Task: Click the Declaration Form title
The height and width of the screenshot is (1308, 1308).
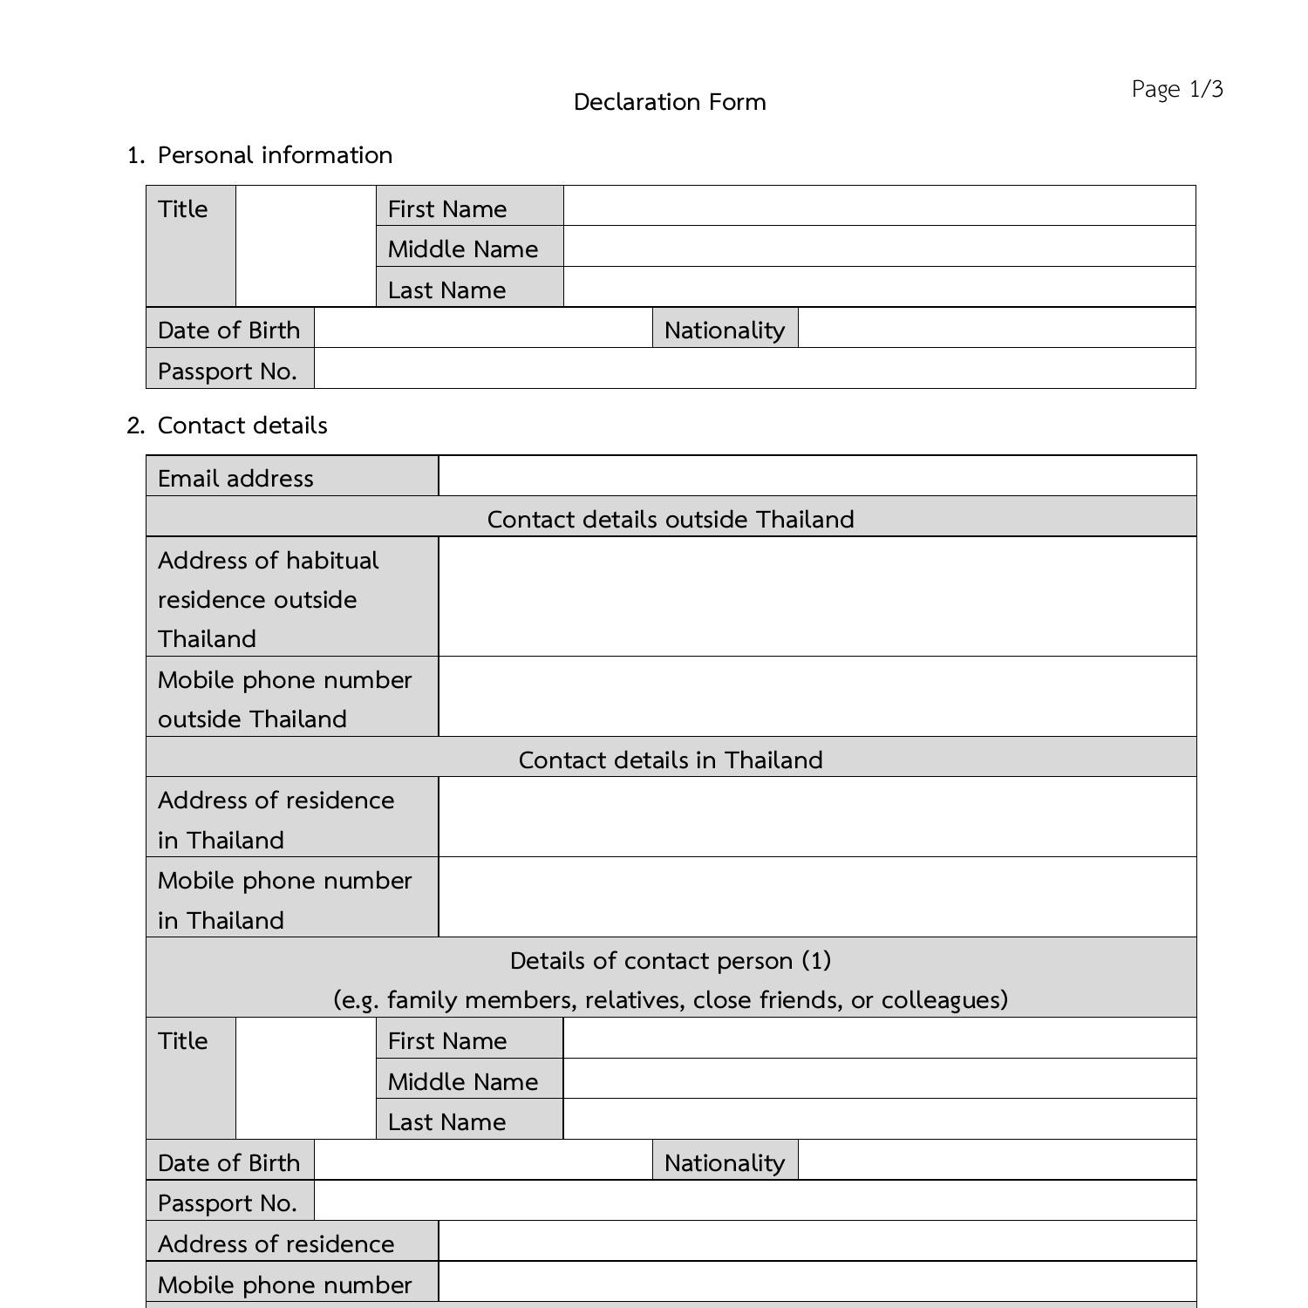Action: click(x=670, y=102)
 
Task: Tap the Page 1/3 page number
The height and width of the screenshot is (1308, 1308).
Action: click(x=1177, y=89)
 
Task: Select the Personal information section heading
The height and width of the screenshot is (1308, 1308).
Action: click(x=275, y=155)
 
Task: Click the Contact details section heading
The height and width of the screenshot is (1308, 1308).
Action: click(x=242, y=426)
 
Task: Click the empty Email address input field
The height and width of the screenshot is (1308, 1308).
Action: click(x=816, y=476)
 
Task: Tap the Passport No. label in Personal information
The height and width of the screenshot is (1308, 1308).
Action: click(x=228, y=371)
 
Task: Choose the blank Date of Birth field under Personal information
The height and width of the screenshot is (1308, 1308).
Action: click(x=482, y=328)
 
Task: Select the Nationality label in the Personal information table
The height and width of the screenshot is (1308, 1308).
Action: click(x=724, y=330)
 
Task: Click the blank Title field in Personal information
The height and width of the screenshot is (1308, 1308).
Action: click(x=305, y=246)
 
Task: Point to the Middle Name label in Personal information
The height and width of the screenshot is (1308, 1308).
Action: click(x=463, y=249)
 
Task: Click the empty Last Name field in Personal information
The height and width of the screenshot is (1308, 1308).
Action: click(x=879, y=287)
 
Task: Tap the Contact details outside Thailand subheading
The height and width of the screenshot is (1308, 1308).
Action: click(x=671, y=519)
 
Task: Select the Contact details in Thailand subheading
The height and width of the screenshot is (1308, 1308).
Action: click(x=671, y=760)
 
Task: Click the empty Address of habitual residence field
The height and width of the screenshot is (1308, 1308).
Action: click(x=816, y=596)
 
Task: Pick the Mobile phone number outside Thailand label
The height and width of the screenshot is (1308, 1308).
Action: click(x=285, y=698)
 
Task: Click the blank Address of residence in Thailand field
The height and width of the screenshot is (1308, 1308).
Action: click(x=816, y=817)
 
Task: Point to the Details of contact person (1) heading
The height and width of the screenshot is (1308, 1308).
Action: click(x=671, y=961)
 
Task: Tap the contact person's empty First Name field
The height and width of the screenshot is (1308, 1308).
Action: click(x=879, y=1039)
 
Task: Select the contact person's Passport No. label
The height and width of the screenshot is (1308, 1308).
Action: click(x=228, y=1202)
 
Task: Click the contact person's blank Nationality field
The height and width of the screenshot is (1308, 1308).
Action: click(x=996, y=1161)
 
